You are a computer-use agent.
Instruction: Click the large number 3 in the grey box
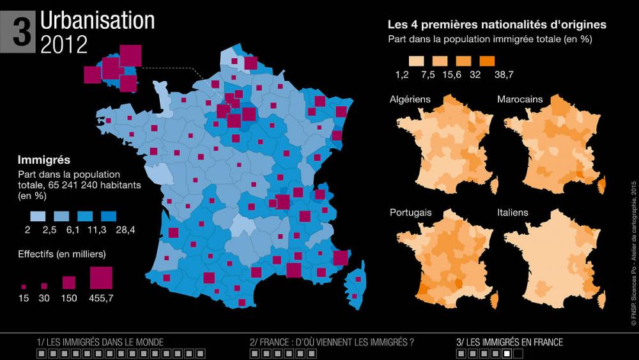click(22, 31)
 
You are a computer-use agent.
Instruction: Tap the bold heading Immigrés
click(44, 160)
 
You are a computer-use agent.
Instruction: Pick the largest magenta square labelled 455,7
click(102, 278)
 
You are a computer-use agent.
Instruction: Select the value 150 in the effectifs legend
click(69, 298)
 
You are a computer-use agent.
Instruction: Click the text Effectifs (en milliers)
click(62, 254)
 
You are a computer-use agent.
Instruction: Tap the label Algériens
click(410, 99)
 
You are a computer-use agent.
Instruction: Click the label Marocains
click(520, 99)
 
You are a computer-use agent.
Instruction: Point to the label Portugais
click(410, 212)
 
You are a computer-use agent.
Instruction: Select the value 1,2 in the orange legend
click(401, 75)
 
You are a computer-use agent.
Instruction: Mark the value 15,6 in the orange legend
click(450, 75)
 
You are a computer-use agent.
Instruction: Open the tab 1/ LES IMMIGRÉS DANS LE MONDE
click(100, 342)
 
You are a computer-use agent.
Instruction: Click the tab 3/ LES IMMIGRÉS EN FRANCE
click(509, 342)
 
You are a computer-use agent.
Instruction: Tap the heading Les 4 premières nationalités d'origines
click(497, 25)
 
